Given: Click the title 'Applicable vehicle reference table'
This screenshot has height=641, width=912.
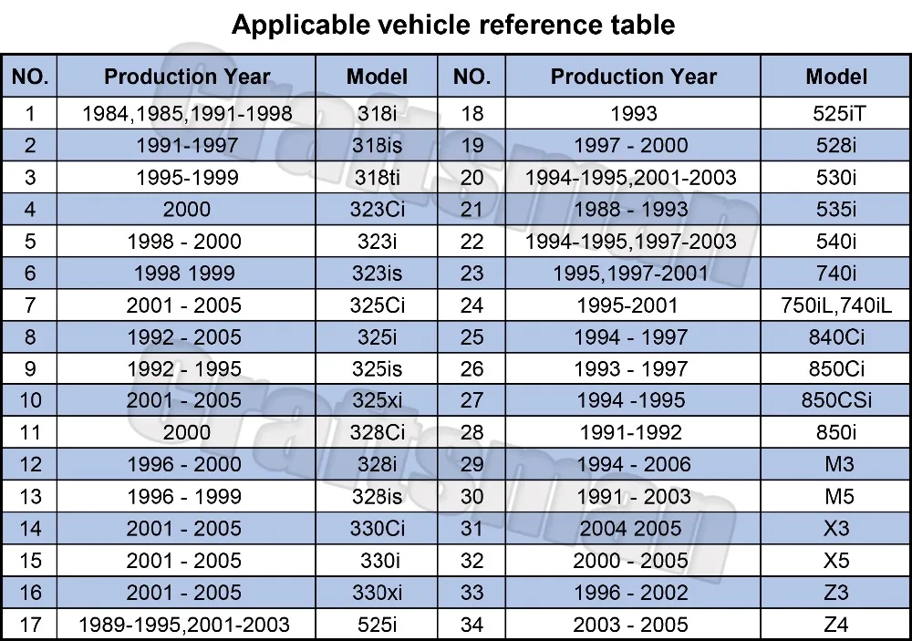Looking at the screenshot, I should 453,25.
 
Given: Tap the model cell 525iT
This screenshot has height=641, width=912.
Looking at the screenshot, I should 836,113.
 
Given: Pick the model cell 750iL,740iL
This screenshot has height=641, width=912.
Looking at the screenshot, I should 836,305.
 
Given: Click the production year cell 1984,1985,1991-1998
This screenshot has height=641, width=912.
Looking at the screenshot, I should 187,113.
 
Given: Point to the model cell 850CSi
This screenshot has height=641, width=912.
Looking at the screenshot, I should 836,400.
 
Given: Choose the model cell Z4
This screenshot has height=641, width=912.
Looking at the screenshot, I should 836,625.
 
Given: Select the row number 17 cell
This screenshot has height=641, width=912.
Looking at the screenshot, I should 30,625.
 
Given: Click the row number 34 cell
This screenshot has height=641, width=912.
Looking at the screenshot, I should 472,625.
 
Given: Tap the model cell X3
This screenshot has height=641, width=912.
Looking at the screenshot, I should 836,529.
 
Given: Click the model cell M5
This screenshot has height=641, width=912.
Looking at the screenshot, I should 836,497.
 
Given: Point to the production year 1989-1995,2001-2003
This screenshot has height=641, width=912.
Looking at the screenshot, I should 187,625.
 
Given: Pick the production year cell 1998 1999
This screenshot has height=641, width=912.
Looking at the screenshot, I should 187,273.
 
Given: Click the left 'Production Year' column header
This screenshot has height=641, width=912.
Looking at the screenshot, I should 187,77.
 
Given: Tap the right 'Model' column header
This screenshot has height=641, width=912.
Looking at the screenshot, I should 836,77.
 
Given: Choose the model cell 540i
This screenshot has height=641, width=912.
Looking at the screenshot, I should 836,241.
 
